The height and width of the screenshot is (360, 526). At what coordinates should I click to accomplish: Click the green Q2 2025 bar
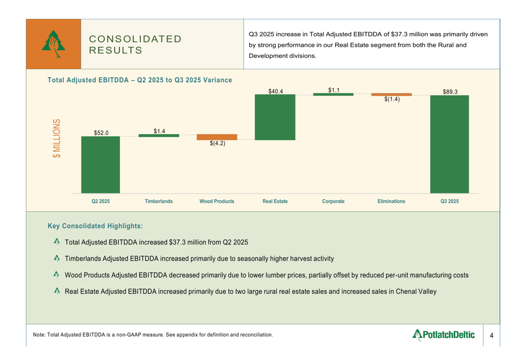(100, 164)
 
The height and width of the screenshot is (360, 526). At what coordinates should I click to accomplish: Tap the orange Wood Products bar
(217, 137)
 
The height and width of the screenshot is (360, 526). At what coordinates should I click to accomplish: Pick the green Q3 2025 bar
(450, 144)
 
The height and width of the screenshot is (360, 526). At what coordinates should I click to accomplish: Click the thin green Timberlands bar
(159, 136)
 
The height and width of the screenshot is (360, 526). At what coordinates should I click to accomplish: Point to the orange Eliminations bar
(391, 95)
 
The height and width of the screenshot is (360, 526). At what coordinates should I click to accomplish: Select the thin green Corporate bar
(333, 94)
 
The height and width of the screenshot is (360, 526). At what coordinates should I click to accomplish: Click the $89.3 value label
(450, 91)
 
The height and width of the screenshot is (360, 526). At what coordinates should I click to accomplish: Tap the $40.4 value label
(276, 91)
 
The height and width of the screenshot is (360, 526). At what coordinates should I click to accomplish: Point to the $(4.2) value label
(217, 143)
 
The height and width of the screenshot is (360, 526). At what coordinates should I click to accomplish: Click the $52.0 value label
(101, 133)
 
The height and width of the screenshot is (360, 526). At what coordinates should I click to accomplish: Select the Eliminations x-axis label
(391, 201)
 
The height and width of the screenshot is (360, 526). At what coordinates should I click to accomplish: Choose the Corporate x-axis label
(333, 201)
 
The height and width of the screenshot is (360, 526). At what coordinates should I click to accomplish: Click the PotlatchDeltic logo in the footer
(444, 334)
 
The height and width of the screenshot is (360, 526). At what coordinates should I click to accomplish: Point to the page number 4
(491, 335)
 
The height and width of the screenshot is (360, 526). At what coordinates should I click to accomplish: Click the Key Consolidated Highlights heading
(95, 226)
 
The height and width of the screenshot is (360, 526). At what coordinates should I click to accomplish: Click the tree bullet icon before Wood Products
(57, 275)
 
